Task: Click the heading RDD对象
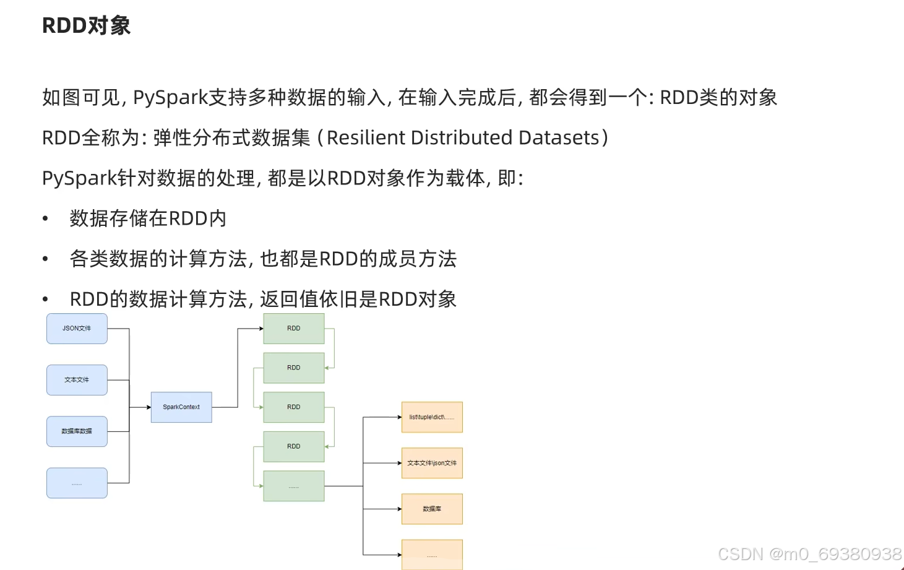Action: (86, 25)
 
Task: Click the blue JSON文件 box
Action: (77, 329)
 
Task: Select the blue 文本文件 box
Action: (77, 380)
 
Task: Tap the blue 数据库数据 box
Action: (77, 431)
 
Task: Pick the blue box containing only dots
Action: (77, 483)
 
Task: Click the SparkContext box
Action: (181, 407)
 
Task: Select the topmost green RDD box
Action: (294, 329)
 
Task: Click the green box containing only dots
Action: (294, 486)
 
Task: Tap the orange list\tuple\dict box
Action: (432, 417)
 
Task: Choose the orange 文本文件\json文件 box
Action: (432, 463)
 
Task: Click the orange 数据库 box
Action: (432, 509)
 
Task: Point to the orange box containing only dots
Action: (432, 555)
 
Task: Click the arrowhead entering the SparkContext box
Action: (149, 407)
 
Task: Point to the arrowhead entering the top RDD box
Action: (261, 329)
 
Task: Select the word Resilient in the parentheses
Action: (366, 137)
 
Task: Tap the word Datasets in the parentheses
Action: (559, 137)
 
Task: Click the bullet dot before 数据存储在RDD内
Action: (45, 218)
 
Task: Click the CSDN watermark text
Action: (809, 554)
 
